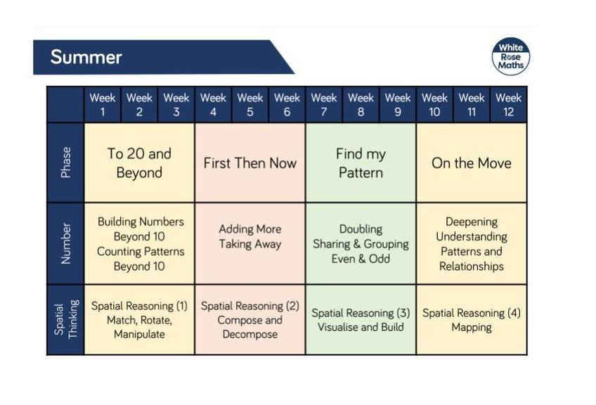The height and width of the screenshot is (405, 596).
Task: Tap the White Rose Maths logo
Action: click(510, 56)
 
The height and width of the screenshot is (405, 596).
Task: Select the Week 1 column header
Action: click(103, 105)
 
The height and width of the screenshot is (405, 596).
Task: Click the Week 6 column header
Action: click(287, 105)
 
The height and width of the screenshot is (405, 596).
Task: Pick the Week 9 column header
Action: click(398, 105)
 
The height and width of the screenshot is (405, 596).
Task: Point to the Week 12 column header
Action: click(509, 105)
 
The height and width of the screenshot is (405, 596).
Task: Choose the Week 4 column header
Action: click(213, 105)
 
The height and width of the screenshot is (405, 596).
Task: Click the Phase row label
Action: click(65, 162)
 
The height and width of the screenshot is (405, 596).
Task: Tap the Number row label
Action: click(65, 243)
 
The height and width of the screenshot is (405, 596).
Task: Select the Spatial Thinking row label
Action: click(65, 319)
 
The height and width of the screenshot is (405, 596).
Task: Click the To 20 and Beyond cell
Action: click(139, 162)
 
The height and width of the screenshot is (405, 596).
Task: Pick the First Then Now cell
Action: click(250, 162)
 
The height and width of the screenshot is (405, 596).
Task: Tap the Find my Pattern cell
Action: click(361, 162)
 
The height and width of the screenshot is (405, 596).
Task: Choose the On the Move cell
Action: click(472, 162)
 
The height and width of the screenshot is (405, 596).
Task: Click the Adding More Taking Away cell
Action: click(250, 243)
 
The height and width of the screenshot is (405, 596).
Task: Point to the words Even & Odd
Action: click(361, 259)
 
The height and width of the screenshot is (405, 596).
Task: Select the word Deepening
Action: click(472, 221)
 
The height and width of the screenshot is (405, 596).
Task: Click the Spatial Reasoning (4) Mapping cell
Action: click(472, 319)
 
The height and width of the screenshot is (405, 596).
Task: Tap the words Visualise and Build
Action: click(361, 327)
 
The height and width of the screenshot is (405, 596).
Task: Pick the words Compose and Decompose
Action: click(250, 327)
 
